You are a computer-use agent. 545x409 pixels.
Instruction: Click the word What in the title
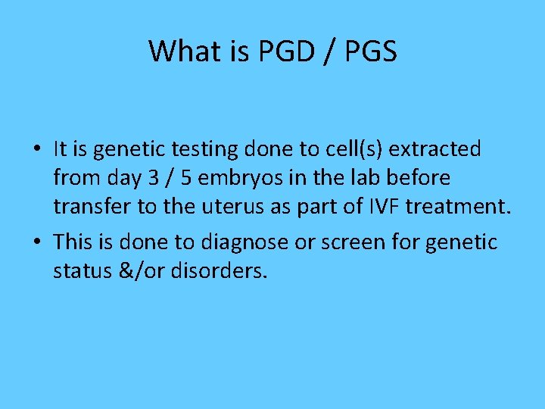point(179,52)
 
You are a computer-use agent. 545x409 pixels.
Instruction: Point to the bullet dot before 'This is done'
point(37,242)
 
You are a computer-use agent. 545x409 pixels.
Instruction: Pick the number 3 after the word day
point(151,178)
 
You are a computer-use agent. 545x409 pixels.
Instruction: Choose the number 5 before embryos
point(185,178)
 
